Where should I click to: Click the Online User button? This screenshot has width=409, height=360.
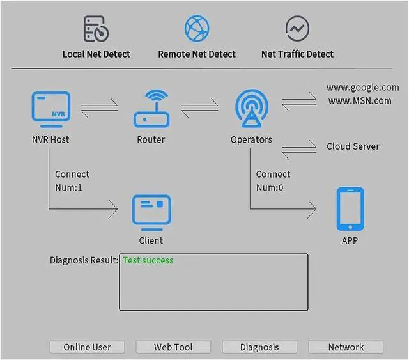[87, 347]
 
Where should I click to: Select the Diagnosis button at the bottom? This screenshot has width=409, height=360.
[259, 347]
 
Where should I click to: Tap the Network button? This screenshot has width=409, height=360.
[346, 347]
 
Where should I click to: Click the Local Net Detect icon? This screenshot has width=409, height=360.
[96, 29]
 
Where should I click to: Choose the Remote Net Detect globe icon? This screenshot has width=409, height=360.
[197, 29]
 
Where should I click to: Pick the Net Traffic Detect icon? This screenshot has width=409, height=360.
[297, 29]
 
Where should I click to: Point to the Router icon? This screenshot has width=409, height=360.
[151, 109]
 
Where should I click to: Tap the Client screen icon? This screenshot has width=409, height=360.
[151, 213]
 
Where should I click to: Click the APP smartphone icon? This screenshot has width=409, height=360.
[350, 209]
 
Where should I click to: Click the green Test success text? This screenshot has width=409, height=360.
[148, 260]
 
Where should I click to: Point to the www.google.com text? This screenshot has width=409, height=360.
[362, 87]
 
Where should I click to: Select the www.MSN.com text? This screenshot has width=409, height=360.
[360, 100]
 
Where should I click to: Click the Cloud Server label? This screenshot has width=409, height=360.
[353, 146]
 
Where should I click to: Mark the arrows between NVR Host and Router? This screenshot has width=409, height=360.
[100, 104]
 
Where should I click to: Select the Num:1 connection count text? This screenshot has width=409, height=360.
[69, 188]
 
